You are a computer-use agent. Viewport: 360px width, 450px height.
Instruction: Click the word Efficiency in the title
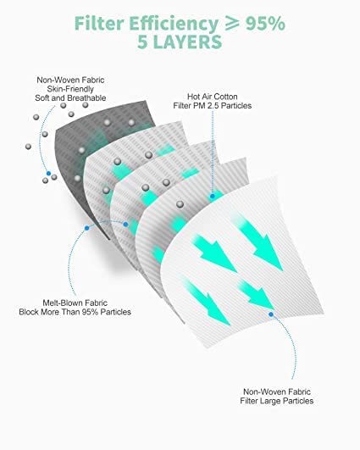pos(174,25)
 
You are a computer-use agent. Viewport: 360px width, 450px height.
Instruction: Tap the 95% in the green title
pos(265,23)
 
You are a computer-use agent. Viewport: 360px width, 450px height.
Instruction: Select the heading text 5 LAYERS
pos(180,42)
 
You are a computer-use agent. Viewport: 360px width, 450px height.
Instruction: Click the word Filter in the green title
pos(99,23)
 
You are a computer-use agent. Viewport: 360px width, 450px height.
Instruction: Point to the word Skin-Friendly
pos(70,89)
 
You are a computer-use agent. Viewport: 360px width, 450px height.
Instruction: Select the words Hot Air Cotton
pos(213,97)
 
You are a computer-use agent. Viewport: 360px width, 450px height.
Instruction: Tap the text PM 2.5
pos(204,106)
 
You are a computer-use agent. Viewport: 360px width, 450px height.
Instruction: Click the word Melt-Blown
pos(61,303)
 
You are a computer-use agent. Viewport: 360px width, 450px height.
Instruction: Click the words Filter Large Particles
pos(277,401)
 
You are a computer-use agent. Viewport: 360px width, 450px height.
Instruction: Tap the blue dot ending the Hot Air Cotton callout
pos(213,197)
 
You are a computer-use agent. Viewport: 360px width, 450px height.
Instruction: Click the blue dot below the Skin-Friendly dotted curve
pos(49,174)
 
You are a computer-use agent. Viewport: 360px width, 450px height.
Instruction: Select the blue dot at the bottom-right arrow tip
pos(271,314)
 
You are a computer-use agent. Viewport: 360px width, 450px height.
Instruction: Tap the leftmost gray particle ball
pos(28,147)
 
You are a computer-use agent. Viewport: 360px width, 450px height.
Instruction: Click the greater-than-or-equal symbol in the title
pos(232,23)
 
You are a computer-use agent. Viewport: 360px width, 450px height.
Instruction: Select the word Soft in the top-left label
pos(42,97)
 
